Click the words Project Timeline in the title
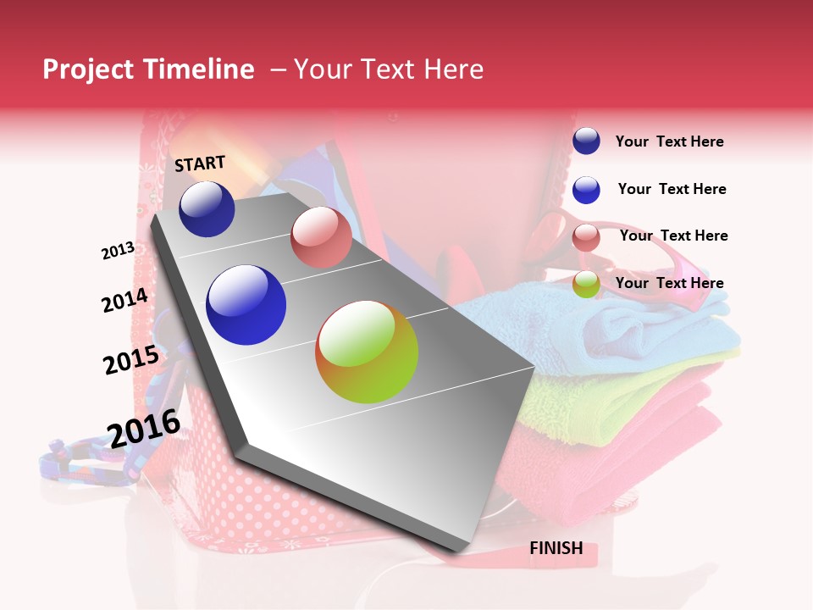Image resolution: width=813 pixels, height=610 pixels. pos(148,69)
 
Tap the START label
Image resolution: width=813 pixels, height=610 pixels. pos(200,164)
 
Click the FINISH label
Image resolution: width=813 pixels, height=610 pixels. pos(556,548)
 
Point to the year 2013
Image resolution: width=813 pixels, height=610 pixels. pos(118,251)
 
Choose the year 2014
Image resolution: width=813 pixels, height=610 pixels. pos(124,301)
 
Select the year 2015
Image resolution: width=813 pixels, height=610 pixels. pos(131,360)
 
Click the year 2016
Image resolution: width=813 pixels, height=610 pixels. pos(144,429)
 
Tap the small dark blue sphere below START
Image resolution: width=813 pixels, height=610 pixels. pos(207,209)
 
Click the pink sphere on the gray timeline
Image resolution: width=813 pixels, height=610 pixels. pos(321,237)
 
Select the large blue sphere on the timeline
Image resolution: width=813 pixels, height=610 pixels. pos(246,305)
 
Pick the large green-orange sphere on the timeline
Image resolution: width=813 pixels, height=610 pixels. pos(367,352)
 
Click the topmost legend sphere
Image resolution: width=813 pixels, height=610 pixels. pos(586,141)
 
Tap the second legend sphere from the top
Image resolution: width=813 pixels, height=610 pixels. pos(586,190)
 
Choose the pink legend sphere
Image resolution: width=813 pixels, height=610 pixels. pos(586,237)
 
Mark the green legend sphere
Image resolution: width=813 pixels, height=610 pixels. pos(586,285)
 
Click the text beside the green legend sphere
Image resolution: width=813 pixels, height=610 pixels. pos(669,283)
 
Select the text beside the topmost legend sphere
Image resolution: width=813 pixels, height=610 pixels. pos(669,141)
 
